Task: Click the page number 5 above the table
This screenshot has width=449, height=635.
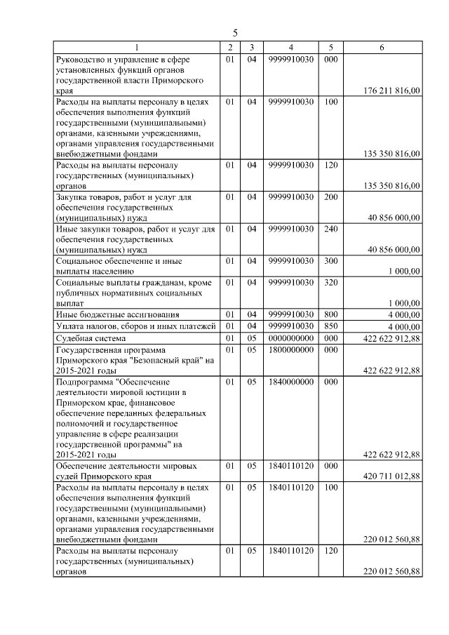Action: (235, 33)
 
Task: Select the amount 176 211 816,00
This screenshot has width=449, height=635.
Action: (393, 91)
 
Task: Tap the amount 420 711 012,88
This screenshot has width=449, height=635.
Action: (393, 476)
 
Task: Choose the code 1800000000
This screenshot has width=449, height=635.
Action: (290, 349)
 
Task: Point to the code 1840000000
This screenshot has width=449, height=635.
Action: (290, 382)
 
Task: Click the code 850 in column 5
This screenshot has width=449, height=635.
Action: (331, 326)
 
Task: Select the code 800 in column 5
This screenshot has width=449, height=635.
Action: (331, 314)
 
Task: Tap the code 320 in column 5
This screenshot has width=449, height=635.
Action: (331, 281)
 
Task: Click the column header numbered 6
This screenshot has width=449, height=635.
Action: (382, 47)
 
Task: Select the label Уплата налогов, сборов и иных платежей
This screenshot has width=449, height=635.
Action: (133, 326)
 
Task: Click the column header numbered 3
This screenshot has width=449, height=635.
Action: (251, 47)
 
